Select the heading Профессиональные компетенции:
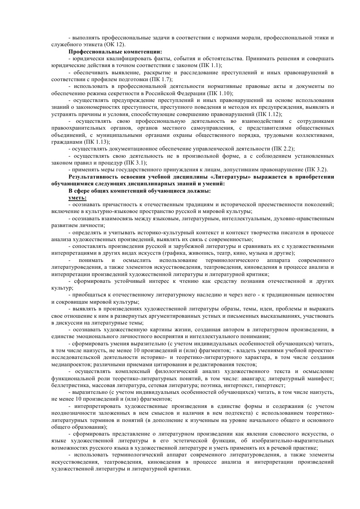[x=115, y=52]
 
